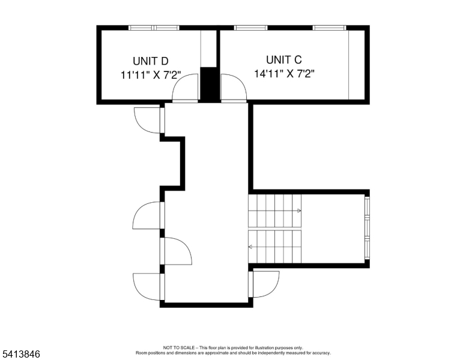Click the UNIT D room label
tap(151, 61)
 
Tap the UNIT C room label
tap(283, 59)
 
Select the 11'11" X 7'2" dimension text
tap(150, 76)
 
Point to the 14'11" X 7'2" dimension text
tap(285, 74)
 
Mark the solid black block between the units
tap(209, 84)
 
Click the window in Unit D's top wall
tap(154, 28)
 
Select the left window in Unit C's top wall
tap(250, 28)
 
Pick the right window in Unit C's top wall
tap(329, 28)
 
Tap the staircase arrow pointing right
tap(298, 211)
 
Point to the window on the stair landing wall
tap(367, 228)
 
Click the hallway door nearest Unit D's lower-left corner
tap(148, 119)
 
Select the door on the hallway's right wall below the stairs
tap(265, 284)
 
